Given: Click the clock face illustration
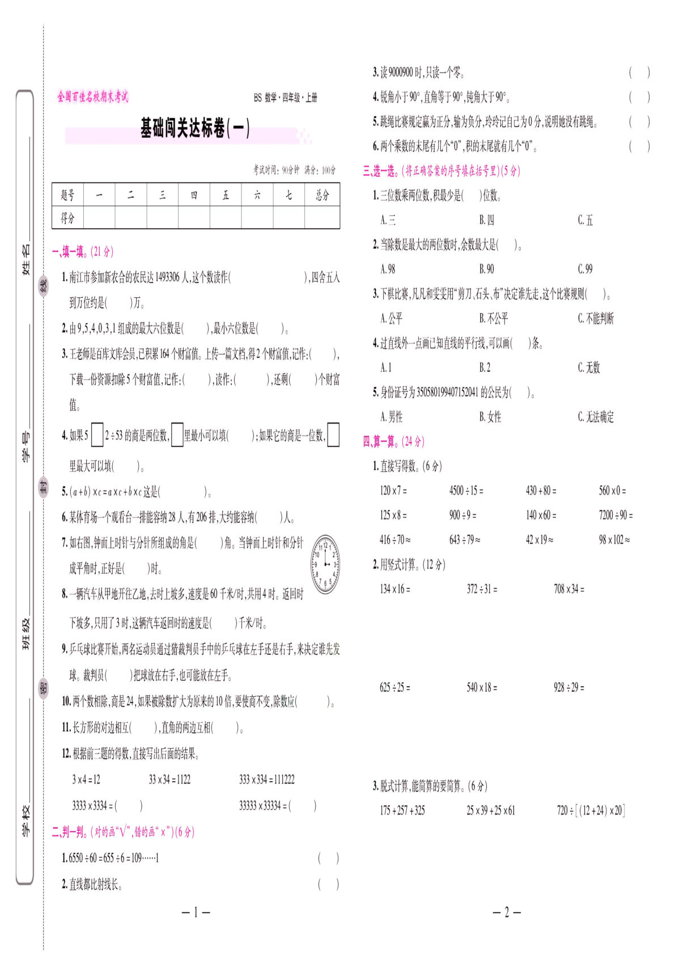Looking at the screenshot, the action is [325, 564].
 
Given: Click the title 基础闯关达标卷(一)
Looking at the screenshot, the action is [195, 128].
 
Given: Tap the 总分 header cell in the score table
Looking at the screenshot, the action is [322, 195].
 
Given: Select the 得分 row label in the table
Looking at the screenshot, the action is [67, 218].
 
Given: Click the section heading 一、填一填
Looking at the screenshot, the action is [82, 252].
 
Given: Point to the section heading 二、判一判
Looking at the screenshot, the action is [122, 832].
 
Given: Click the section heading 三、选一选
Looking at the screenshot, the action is [441, 171].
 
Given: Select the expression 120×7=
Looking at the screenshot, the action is [393, 491].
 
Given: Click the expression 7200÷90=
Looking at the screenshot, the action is [615, 515].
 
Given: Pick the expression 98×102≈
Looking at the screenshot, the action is [614, 540].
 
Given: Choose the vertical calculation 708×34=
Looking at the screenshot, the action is [568, 589].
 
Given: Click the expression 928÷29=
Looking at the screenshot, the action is [568, 688].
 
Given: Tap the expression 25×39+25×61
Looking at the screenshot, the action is [491, 811].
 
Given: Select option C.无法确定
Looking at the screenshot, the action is [596, 417].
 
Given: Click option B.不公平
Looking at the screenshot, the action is [494, 318].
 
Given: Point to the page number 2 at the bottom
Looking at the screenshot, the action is [507, 912].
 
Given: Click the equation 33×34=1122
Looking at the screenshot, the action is [169, 780].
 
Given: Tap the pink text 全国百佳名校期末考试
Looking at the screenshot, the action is [93, 97].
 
